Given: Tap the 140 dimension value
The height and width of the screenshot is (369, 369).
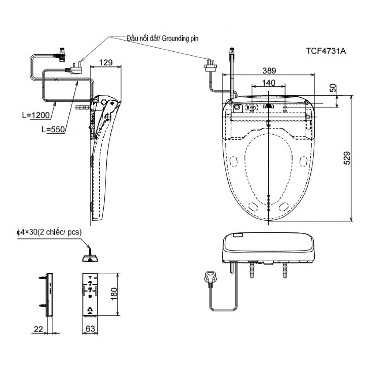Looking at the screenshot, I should [268, 83].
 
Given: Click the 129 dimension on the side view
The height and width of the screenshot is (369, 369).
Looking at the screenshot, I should [106, 62].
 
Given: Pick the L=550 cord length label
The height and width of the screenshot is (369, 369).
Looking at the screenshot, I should [53, 129].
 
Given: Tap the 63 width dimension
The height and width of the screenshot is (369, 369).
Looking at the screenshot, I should [90, 328].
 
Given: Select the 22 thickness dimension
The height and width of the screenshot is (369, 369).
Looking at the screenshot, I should [38, 328].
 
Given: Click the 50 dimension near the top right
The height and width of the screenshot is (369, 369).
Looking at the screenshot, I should [333, 89].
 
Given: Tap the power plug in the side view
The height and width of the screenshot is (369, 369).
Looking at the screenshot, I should [74, 68].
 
